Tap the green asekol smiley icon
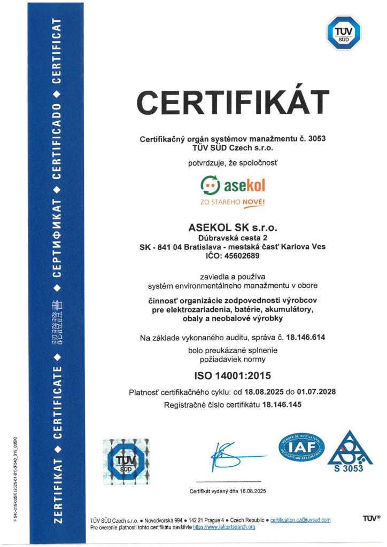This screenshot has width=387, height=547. [210, 186]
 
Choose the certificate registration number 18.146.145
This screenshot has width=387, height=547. [282, 405]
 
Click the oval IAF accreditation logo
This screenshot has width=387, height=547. [301, 448]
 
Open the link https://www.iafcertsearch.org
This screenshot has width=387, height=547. [224, 527]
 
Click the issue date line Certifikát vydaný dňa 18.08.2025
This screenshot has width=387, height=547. [228, 491]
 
